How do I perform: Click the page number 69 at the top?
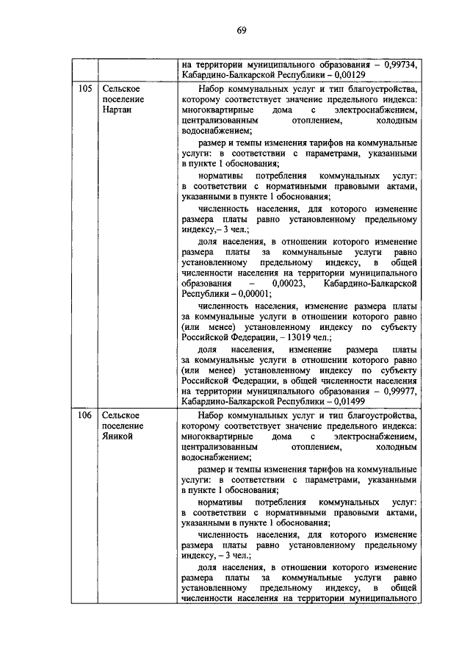coord(241,30)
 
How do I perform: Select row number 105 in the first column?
coord(84,89)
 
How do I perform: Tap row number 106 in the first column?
coord(84,416)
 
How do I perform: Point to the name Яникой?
coord(117,436)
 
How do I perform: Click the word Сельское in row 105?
coord(122,89)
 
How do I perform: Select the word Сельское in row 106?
coord(122,416)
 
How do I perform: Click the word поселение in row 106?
coord(123,426)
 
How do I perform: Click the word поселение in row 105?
coord(123,99)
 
